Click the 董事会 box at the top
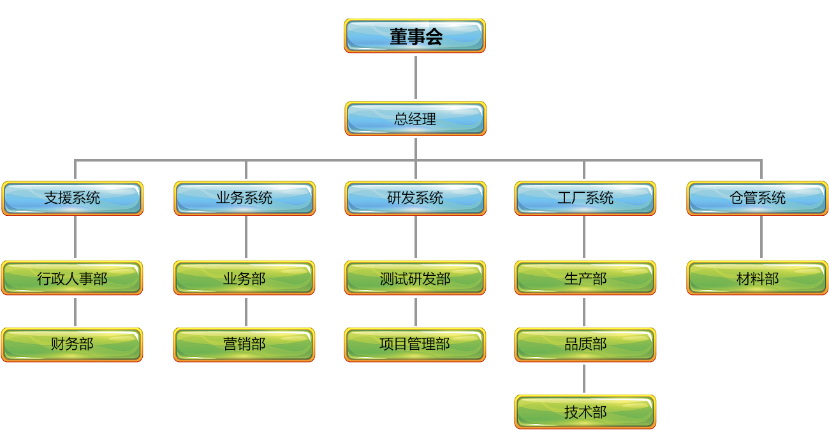pyautogui.click(x=415, y=36)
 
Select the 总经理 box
pyautogui.click(x=415, y=119)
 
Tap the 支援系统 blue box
pyautogui.click(x=73, y=198)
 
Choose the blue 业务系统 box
pyautogui.click(x=245, y=198)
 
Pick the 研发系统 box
pyautogui.click(x=415, y=198)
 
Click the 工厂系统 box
pyautogui.click(x=585, y=198)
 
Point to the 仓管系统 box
pyautogui.click(x=758, y=198)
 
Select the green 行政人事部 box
pyautogui.click(x=72, y=278)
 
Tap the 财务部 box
pyautogui.click(x=72, y=345)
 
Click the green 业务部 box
pyautogui.click(x=244, y=278)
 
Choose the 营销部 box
pyautogui.click(x=244, y=345)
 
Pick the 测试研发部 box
pyautogui.click(x=415, y=278)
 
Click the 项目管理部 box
pyautogui.click(x=415, y=345)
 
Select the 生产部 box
pyautogui.click(x=585, y=278)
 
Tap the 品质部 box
pyautogui.click(x=585, y=345)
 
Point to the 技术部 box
pyautogui.click(x=585, y=412)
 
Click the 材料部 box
pyautogui.click(x=758, y=278)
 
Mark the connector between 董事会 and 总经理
pyautogui.click(x=415, y=77)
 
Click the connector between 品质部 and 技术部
pyautogui.click(x=584, y=379)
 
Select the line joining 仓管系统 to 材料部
pyautogui.click(x=761, y=238)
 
